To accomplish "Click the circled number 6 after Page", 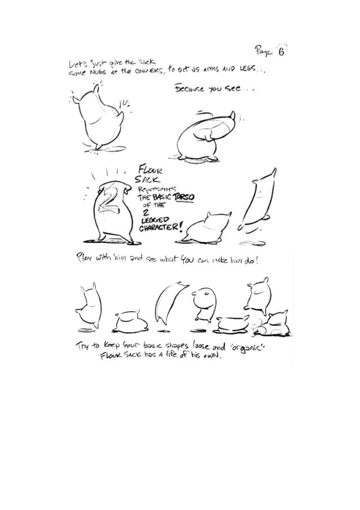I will tap(280, 50).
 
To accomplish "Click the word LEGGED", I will tap(153, 220).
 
